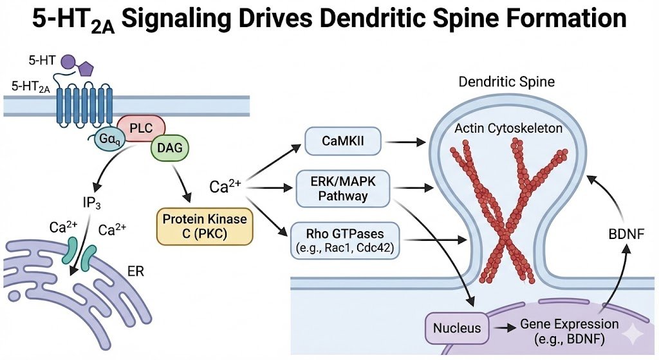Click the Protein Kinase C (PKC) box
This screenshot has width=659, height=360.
205,227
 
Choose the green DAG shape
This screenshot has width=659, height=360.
166,149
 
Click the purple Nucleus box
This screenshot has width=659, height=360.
456,328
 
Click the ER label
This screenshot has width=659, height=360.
135,271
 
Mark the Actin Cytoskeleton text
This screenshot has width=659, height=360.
508,129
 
